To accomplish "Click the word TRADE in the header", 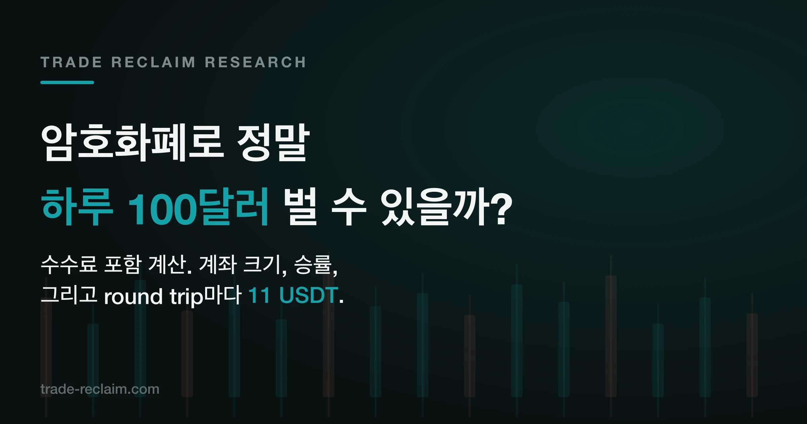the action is (x=71, y=62).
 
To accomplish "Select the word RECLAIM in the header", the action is (x=153, y=62).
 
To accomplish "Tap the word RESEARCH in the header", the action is (x=256, y=62).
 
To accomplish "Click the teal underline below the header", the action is (x=67, y=82).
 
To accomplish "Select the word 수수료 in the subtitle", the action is (x=69, y=264).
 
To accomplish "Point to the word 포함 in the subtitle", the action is (x=123, y=264).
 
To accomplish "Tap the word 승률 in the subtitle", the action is (x=313, y=264).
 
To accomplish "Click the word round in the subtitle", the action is (x=133, y=296).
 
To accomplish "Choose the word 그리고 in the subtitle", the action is (x=69, y=295).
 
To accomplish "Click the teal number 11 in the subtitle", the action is (x=259, y=295).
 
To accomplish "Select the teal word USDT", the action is (x=309, y=295).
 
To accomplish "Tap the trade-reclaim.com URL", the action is (x=100, y=389).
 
